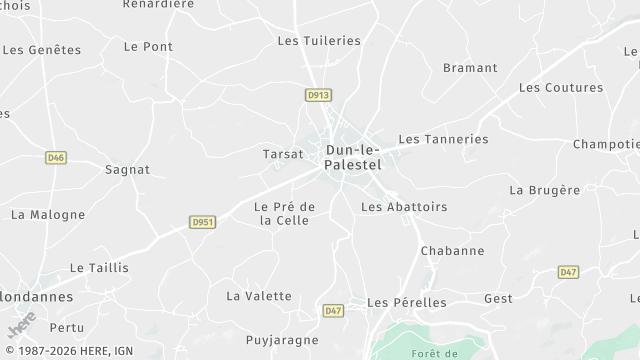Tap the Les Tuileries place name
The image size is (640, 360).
(x=318, y=41)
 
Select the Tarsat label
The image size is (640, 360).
(x=283, y=154)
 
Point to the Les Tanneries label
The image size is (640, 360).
(x=443, y=139)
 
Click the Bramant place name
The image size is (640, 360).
(x=470, y=68)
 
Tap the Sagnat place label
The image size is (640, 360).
(x=127, y=170)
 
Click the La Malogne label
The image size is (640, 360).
(x=47, y=214)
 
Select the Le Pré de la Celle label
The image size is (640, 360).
(x=285, y=213)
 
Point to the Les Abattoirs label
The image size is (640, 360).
(x=403, y=207)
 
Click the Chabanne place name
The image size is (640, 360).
(x=452, y=251)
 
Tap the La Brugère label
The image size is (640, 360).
(x=544, y=190)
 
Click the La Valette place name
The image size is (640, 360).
(x=259, y=296)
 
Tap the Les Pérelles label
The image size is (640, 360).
(x=405, y=302)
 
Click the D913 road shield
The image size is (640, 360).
(x=318, y=95)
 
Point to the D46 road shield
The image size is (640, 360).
(x=56, y=157)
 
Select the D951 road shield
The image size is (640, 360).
(x=203, y=222)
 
